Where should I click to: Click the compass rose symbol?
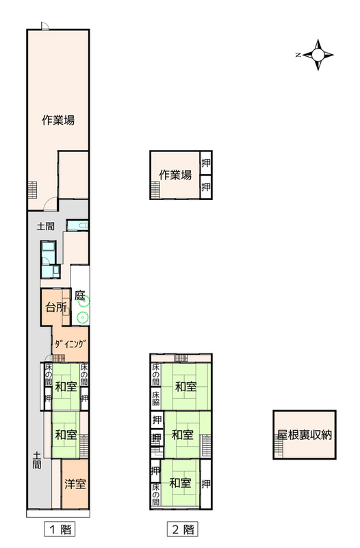pos(318,55)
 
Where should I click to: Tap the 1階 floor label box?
pos(60,529)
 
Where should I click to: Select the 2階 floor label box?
pos(183,529)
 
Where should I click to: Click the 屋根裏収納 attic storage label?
pos(304,435)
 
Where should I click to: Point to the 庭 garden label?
pos(79,295)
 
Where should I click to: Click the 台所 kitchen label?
pos(56,308)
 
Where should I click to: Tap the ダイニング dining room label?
pos(70,344)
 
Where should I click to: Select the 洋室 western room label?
pos(75,484)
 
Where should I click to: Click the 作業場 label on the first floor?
pos(58,121)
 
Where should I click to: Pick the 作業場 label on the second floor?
pos(175,175)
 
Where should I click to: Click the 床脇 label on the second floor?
pos(156,399)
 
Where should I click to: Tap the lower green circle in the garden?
pos(83,317)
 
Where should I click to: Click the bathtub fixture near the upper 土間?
pos(77,225)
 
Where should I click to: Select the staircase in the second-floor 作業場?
pos(155,190)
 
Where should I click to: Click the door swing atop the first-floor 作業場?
pos(45,26)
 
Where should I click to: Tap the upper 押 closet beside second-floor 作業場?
pos(206,163)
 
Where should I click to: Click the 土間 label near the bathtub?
pos(46,226)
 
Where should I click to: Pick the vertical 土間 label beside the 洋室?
pos(37,460)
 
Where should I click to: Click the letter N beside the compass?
pos(298,55)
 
